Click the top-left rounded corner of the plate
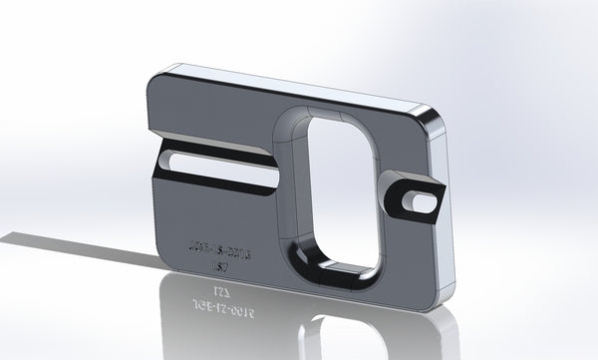point(159,79)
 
